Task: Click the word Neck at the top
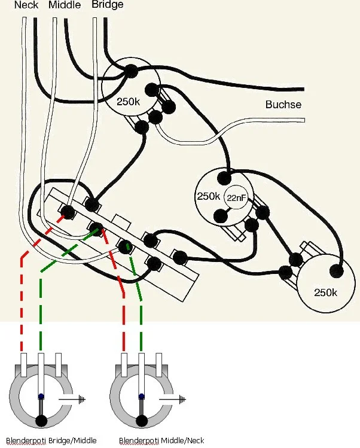point(26,5)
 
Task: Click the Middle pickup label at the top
point(65,5)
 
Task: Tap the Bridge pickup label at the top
point(108,5)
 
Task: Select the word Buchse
point(283,105)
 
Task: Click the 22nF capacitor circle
point(236,199)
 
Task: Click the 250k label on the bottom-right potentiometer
point(326,292)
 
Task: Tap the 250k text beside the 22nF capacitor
point(209,197)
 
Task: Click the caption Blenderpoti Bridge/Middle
point(48,441)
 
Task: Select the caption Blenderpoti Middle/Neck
point(161,441)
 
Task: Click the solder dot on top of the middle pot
point(225,178)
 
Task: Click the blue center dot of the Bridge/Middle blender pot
point(41,396)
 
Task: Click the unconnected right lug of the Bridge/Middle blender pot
point(59,362)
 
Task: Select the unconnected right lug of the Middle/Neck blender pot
point(160,362)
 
